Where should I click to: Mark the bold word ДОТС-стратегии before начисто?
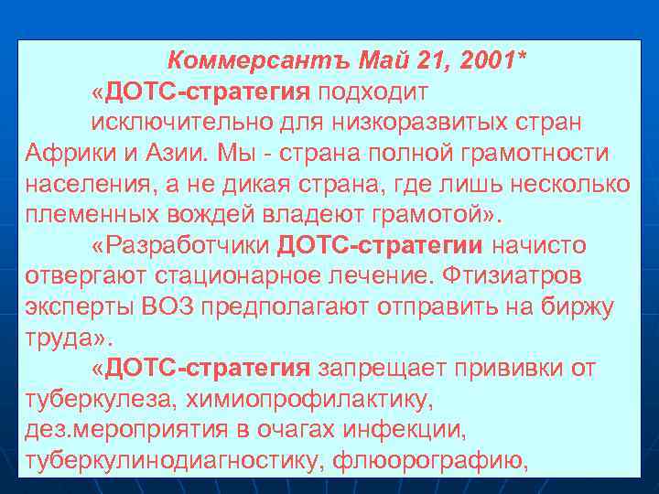380,244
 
